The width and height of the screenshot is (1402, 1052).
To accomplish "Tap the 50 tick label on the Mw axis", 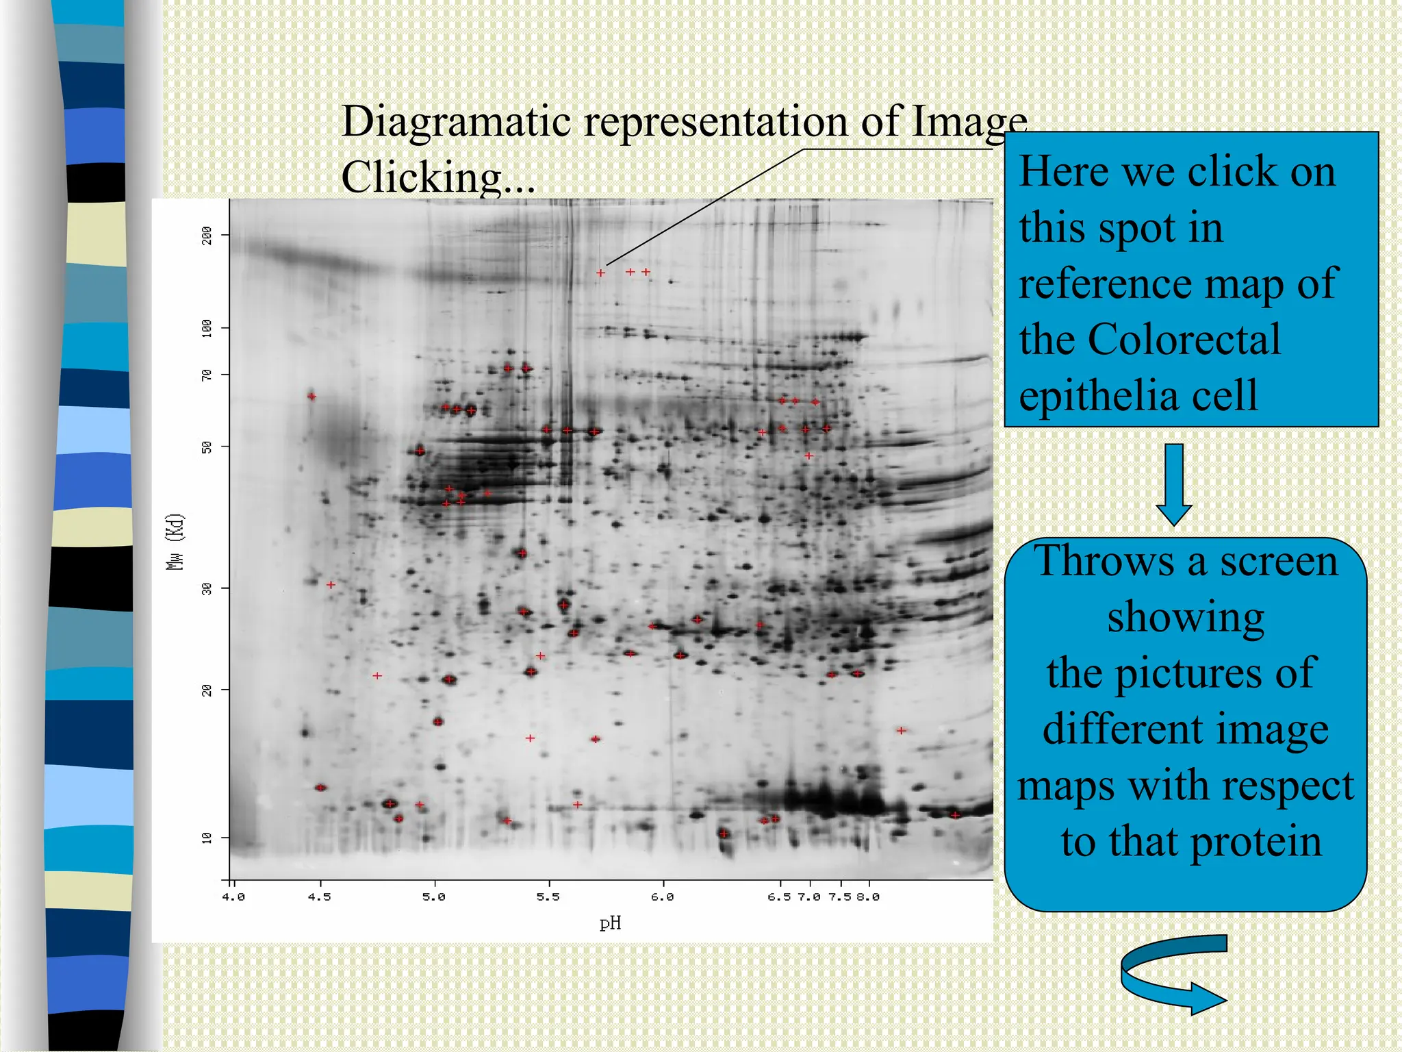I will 207,447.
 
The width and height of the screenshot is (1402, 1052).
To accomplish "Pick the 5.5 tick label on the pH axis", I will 548,897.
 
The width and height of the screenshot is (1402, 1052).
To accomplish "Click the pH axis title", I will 610,923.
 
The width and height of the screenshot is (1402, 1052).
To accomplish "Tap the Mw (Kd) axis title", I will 176,541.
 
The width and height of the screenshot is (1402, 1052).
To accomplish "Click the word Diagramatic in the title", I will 456,121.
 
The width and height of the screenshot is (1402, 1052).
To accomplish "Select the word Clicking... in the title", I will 438,177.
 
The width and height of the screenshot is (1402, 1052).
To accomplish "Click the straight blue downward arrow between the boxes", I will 1174,484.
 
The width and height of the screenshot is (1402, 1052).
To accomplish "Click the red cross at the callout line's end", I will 600,273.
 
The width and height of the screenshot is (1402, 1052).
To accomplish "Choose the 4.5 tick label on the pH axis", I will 319,897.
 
